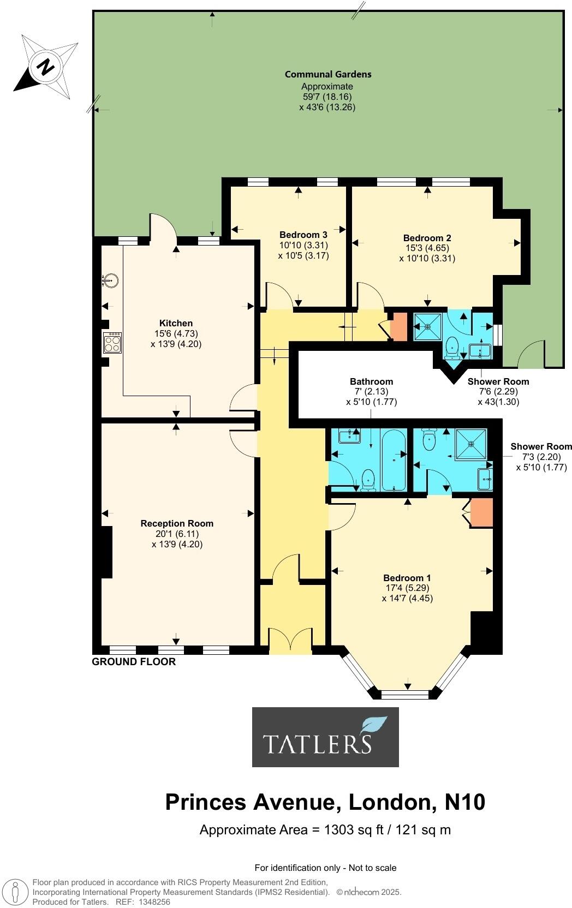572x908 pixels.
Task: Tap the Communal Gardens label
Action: (327, 74)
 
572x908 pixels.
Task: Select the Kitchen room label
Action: (176, 323)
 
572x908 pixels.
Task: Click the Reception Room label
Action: (177, 523)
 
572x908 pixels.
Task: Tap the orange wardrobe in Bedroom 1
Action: (481, 512)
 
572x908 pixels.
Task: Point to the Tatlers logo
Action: (325, 737)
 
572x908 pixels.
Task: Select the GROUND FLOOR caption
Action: (134, 662)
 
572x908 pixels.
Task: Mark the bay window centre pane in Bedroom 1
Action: (407, 695)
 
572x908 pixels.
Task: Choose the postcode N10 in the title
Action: (465, 802)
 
